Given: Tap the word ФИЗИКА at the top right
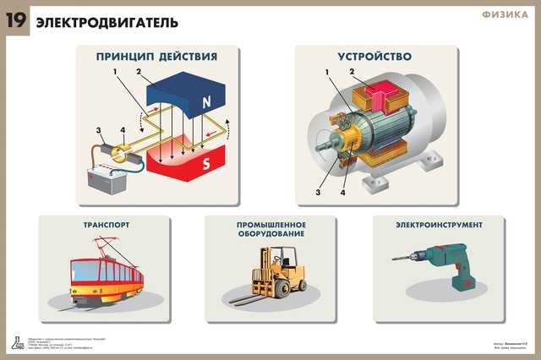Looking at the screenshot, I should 505,14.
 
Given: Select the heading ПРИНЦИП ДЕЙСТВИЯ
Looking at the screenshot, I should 156,57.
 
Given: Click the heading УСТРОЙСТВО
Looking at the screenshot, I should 374,57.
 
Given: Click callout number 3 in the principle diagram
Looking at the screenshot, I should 99,130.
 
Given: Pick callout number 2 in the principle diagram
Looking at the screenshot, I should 137,73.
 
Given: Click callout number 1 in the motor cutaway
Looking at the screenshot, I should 325,73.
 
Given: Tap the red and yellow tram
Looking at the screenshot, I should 106,271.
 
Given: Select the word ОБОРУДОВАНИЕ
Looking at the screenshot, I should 271,236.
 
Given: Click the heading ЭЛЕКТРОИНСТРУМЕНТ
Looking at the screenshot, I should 440,226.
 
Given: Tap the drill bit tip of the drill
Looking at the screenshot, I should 395,259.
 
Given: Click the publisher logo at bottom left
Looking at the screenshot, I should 17,342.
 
